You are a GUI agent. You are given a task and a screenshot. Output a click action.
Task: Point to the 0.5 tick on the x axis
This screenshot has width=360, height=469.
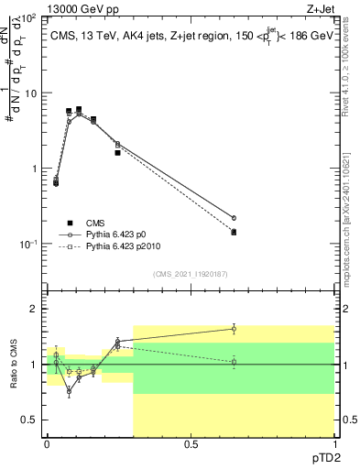click(x=191, y=444)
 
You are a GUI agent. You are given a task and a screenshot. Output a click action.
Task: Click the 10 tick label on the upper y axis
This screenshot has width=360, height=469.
click(x=32, y=93)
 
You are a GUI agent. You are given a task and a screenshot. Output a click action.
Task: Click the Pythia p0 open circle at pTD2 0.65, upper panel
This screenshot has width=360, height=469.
click(x=234, y=218)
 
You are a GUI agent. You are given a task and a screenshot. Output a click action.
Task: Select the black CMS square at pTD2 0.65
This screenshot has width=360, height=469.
click(x=234, y=233)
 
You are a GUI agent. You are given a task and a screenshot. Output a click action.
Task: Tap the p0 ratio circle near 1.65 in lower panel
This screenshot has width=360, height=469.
click(x=234, y=328)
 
